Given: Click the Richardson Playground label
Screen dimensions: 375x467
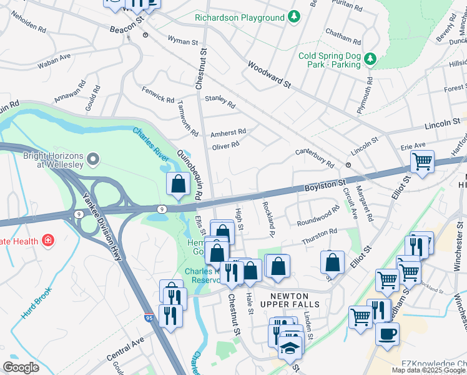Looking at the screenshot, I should (x=239, y=18).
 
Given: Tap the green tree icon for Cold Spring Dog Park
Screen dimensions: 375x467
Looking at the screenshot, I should (x=371, y=59).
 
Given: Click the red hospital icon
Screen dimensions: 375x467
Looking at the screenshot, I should (x=47, y=241).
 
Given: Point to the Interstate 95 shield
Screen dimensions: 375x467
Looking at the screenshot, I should (x=149, y=319).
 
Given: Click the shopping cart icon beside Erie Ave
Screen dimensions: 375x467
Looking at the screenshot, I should (x=422, y=161).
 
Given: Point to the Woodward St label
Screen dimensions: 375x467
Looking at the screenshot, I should (x=269, y=74).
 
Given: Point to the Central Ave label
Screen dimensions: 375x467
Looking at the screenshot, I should (x=125, y=350).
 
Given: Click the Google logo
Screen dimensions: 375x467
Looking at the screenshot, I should (x=21, y=367).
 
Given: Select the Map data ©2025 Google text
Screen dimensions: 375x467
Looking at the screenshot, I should (x=428, y=370).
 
